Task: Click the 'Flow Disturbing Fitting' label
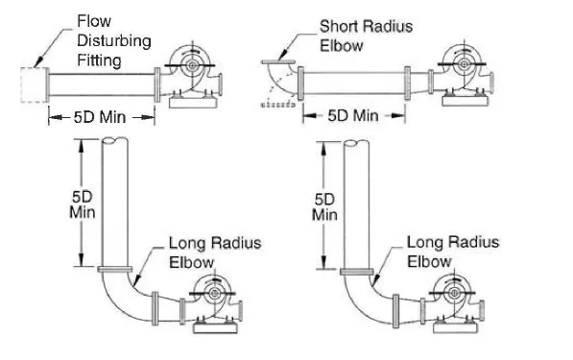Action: [x=114, y=40]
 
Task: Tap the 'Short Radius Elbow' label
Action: [x=367, y=36]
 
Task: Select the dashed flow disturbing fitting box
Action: [x=34, y=84]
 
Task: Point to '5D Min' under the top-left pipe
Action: [x=100, y=117]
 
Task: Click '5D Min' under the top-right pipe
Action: [x=353, y=116]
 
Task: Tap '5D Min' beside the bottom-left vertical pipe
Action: [x=83, y=204]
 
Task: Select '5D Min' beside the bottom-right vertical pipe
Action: [x=324, y=206]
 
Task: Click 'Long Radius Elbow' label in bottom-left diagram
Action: [x=215, y=252]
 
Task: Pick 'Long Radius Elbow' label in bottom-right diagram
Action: [x=453, y=252]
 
